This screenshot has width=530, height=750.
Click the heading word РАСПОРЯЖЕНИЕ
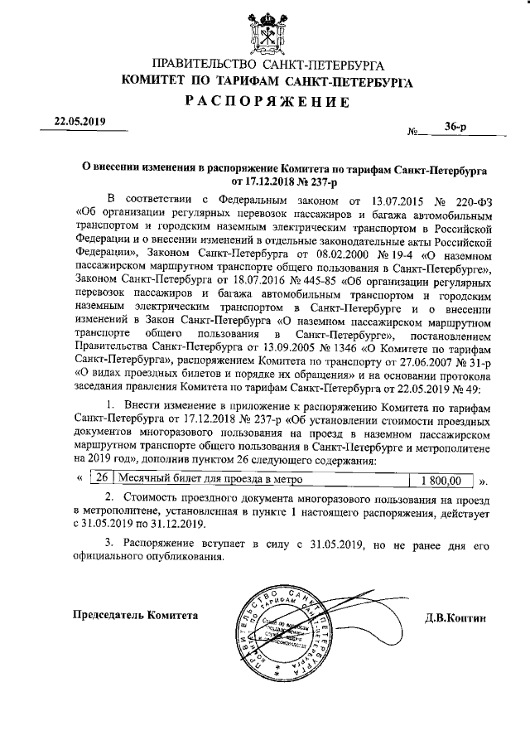[264, 102]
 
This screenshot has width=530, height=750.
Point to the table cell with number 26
[100, 479]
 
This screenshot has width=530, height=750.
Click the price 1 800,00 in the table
[440, 480]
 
